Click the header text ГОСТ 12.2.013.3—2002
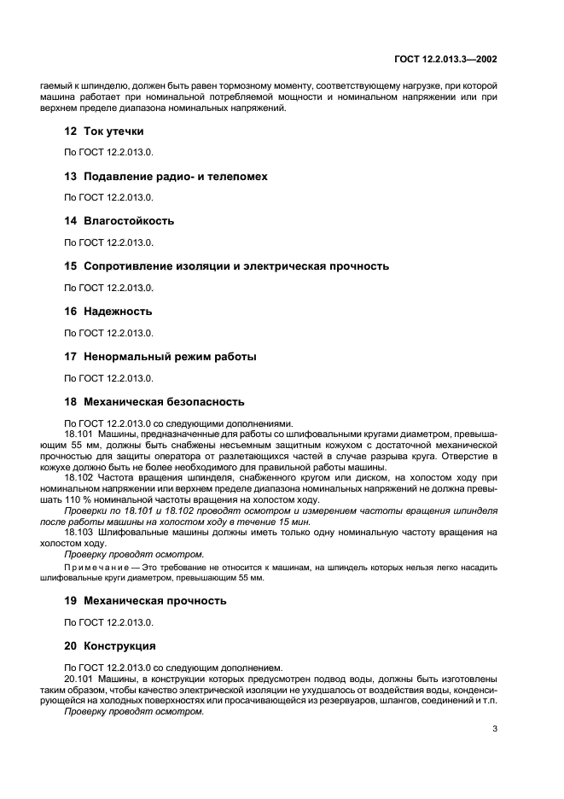(453, 61)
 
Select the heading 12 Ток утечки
(104, 131)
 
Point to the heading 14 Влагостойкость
(119, 220)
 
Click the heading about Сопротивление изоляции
(226, 265)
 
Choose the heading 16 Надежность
(108, 311)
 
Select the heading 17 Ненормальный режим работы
(160, 356)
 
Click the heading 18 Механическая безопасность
(154, 401)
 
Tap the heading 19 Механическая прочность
(145, 600)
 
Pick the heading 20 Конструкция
(110, 645)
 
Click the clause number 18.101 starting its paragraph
(78, 434)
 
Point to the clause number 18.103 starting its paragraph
(78, 532)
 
